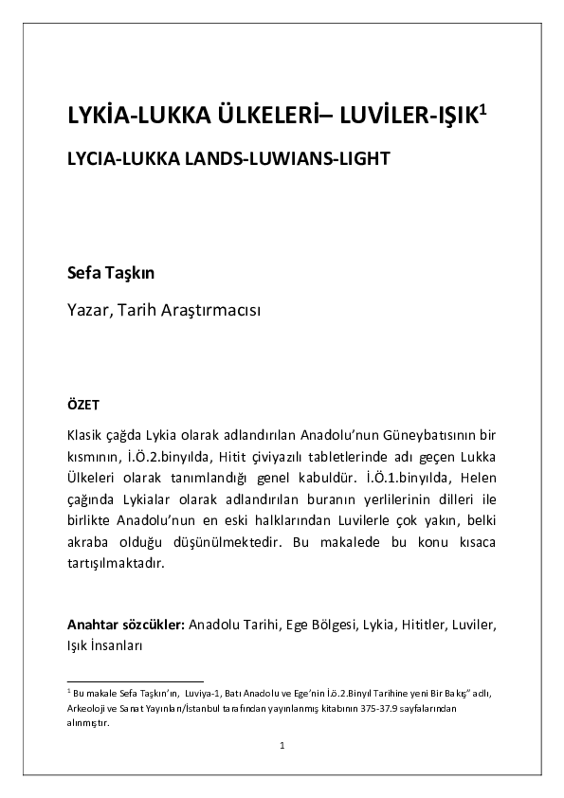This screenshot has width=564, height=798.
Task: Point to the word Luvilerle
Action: (363, 520)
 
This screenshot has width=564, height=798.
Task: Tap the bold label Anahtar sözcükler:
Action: (125, 626)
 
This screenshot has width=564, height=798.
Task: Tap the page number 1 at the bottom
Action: (282, 747)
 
